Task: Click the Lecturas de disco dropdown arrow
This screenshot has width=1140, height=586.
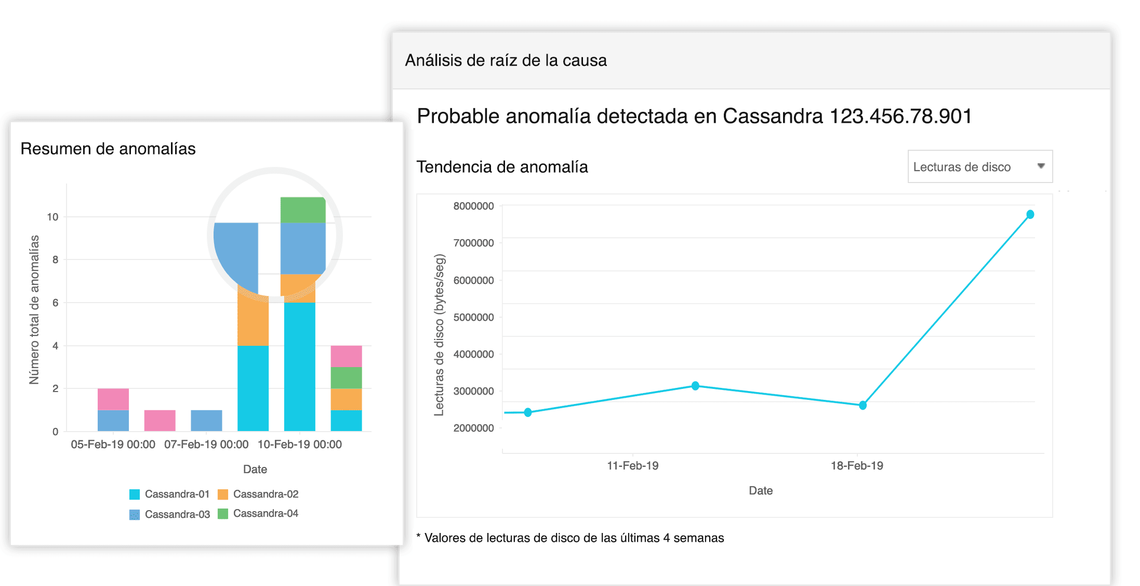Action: (x=1041, y=166)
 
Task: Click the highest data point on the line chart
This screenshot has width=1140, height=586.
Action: (x=1030, y=214)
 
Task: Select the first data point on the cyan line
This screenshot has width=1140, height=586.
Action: (x=528, y=412)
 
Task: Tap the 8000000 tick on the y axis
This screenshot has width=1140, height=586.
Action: (x=473, y=206)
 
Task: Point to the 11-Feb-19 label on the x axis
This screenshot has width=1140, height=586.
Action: (x=632, y=465)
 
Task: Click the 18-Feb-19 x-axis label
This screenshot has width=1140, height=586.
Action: (x=857, y=465)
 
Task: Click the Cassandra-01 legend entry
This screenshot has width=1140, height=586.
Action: (x=169, y=494)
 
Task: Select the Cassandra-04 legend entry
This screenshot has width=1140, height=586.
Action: (x=258, y=513)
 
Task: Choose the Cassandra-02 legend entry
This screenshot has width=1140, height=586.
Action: (x=258, y=494)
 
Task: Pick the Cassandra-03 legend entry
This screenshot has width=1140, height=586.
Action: (x=169, y=514)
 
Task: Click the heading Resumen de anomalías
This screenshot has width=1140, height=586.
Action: (x=108, y=149)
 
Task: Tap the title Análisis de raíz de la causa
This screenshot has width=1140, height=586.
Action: (x=506, y=60)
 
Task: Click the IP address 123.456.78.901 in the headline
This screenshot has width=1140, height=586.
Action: (x=900, y=116)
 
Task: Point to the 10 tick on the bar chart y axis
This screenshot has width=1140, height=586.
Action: (x=52, y=217)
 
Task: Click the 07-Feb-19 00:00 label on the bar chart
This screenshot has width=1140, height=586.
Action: (x=206, y=445)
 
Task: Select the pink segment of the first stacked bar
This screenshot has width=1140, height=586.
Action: (x=113, y=399)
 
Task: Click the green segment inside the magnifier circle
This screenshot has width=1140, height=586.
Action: (x=302, y=210)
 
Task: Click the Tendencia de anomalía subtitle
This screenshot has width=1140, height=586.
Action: (x=502, y=167)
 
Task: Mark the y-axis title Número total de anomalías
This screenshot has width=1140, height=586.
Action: (x=34, y=310)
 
